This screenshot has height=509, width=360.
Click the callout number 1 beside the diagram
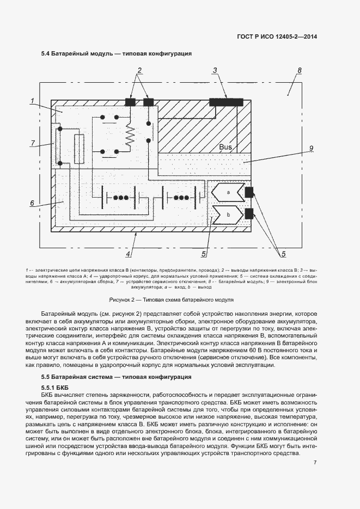tap(33, 101)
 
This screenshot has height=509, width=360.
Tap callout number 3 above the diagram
tap(215, 70)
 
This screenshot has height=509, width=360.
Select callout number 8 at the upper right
tap(299, 71)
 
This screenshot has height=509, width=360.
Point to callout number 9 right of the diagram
tap(311, 149)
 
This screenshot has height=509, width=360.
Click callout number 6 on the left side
tap(33, 203)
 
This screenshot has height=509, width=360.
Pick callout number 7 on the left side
tap(33, 143)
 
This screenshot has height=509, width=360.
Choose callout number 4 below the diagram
tap(128, 254)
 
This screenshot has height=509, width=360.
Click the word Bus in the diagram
tap(225, 147)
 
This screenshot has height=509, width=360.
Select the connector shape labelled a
tap(228, 192)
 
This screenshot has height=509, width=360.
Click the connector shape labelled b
tap(228, 214)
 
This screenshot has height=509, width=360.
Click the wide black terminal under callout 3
tap(227, 101)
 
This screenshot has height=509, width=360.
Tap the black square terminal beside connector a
tap(250, 192)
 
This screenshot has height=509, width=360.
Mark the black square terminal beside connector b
tap(250, 213)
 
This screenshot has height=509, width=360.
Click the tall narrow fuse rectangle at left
tap(79, 148)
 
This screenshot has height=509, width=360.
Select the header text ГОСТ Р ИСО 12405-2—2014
tap(278, 36)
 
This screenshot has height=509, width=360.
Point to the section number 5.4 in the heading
tap(46, 53)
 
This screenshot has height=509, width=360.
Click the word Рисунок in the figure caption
tap(120, 299)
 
